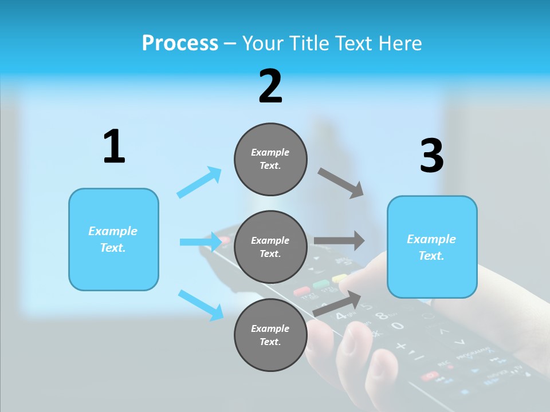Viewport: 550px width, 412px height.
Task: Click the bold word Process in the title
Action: click(x=180, y=43)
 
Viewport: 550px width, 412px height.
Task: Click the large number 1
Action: click(x=114, y=147)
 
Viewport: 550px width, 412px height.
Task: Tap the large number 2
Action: click(x=270, y=86)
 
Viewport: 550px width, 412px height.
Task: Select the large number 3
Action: click(x=431, y=156)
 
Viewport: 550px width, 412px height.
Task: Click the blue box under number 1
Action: click(x=113, y=239)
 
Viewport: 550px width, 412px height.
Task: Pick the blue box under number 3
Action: click(x=432, y=247)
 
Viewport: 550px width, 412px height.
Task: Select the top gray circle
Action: click(x=270, y=159)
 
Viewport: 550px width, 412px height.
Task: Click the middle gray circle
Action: click(x=270, y=247)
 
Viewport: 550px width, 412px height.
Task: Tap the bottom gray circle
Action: click(x=270, y=335)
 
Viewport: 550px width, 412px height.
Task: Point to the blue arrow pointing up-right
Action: click(x=199, y=182)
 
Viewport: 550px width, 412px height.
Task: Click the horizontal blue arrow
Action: click(x=201, y=241)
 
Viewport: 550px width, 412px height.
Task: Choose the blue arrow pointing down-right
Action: click(x=201, y=305)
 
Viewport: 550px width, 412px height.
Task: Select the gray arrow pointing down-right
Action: click(x=341, y=183)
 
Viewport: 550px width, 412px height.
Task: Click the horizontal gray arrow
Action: click(x=339, y=241)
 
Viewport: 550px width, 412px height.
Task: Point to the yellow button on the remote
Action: click(x=340, y=279)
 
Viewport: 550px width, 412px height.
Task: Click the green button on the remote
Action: click(x=321, y=284)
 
